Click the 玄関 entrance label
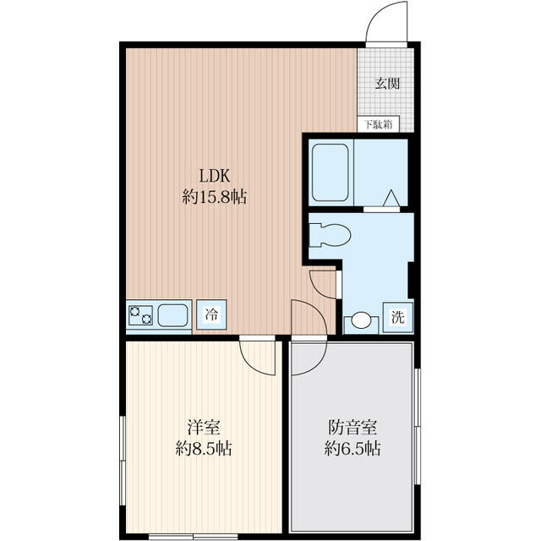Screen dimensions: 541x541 pos(387,84)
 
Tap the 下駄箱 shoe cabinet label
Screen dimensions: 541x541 pos(378,125)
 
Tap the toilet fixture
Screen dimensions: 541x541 pos(329,234)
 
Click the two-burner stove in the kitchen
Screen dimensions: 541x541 pos(140,316)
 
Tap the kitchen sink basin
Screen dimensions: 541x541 pos(174,316)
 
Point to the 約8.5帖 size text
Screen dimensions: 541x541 pos(203,449)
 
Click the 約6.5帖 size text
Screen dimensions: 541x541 pos(352,449)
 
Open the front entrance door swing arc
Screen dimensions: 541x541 pos(385,22)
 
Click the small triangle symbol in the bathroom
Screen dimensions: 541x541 pos(391,198)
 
